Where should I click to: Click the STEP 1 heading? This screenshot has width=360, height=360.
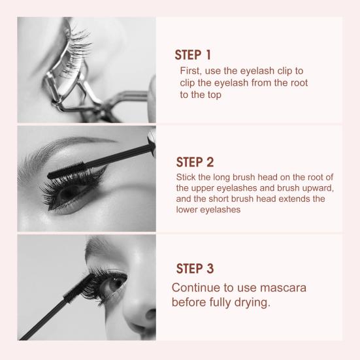click(193, 55)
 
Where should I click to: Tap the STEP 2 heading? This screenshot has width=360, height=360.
click(195, 162)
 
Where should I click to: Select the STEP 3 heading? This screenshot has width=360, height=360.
click(195, 269)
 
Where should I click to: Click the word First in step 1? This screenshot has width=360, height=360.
click(191, 71)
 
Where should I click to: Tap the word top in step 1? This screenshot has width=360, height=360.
click(214, 95)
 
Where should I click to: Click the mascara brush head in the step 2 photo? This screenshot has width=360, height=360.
click(66, 171)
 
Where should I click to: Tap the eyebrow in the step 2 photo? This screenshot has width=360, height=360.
click(62, 152)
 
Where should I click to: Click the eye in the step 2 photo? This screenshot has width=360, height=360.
click(69, 192)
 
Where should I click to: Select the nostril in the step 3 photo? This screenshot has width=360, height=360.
click(150, 314)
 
